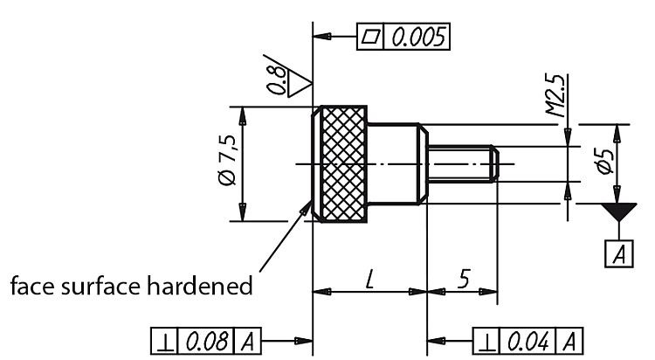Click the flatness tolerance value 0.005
[x=417, y=38]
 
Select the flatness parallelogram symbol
[x=371, y=37]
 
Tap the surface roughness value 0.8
[x=278, y=80]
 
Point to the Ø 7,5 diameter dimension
[x=228, y=160]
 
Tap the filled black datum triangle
[x=618, y=211]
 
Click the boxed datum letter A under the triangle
[x=619, y=253]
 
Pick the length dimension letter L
[x=369, y=280]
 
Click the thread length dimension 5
[x=464, y=279]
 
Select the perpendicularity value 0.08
[x=207, y=342]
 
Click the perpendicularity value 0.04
[x=528, y=342]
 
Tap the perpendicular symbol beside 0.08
[x=164, y=342]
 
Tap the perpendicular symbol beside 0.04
[x=486, y=342]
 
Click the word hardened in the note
[x=200, y=286]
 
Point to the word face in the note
[x=33, y=286]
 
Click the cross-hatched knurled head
[x=344, y=164]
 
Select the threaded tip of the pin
[x=463, y=163]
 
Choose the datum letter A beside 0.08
[x=247, y=342]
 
